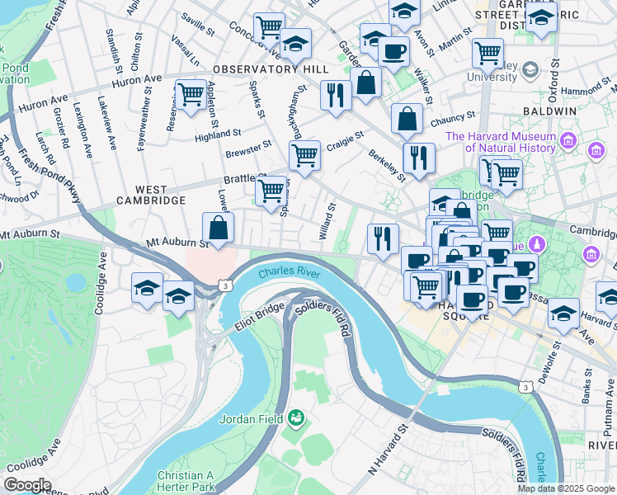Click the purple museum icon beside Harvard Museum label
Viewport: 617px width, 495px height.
[x=568, y=141]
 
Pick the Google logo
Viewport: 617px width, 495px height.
[x=27, y=486]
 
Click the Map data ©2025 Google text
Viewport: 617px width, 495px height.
[x=565, y=488]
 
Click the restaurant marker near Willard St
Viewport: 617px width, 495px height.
[x=382, y=238]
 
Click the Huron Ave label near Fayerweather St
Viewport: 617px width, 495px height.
[x=136, y=80]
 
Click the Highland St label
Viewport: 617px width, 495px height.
[x=218, y=133]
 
